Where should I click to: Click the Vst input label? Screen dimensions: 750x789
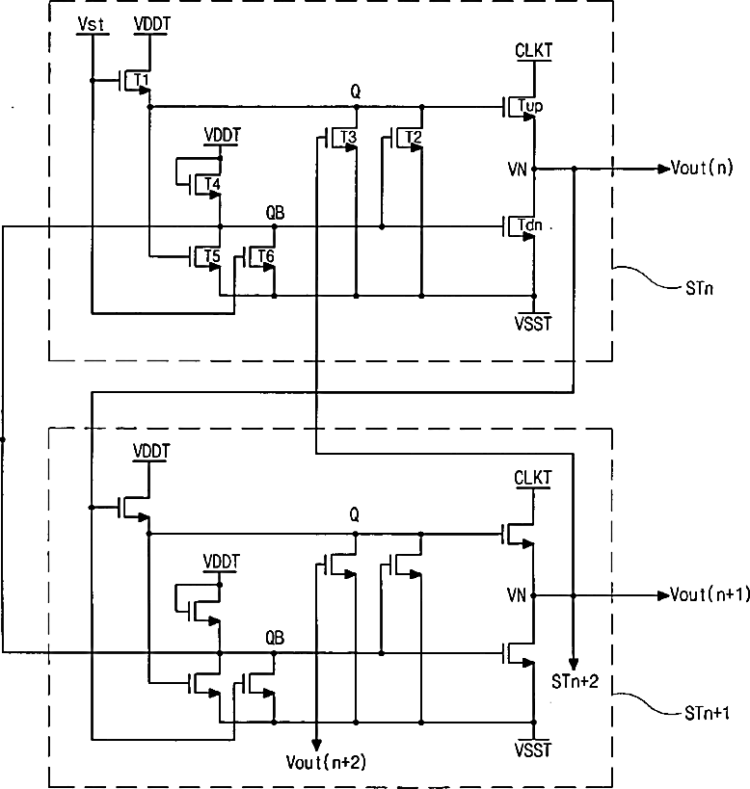pyautogui.click(x=92, y=24)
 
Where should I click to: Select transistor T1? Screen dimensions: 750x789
pyautogui.click(x=136, y=81)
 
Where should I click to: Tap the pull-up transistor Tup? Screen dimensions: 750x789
pyautogui.click(x=521, y=107)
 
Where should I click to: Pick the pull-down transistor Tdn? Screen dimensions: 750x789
pyautogui.click(x=521, y=226)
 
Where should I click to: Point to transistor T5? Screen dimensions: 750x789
pyautogui.click(x=206, y=256)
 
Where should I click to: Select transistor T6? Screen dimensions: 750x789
pyautogui.click(x=260, y=256)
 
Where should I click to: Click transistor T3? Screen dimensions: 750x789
pyautogui.click(x=342, y=138)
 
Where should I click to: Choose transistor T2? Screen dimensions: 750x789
pyautogui.click(x=408, y=138)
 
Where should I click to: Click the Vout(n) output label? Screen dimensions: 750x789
pyautogui.click(x=702, y=168)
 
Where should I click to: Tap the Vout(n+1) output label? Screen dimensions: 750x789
pyautogui.click(x=710, y=594)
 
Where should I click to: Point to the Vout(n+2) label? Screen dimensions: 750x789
pyautogui.click(x=326, y=762)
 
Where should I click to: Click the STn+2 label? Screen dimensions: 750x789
pyautogui.click(x=575, y=682)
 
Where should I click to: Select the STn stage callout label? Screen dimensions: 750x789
pyautogui.click(x=699, y=288)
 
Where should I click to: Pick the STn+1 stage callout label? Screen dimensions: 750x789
pyautogui.click(x=707, y=713)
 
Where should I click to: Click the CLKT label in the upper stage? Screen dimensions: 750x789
pyautogui.click(x=533, y=50)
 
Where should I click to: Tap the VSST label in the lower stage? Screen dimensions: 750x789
pyautogui.click(x=532, y=750)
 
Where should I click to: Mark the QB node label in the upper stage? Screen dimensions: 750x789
pyautogui.click(x=275, y=213)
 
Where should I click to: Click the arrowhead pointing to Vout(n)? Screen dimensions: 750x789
pyautogui.click(x=664, y=170)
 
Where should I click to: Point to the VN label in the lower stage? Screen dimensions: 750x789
pyautogui.click(x=517, y=595)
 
